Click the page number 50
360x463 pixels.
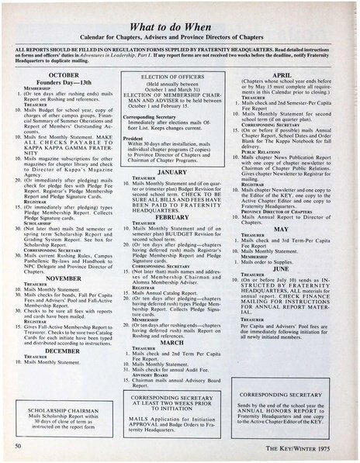[x=17, y=447]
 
